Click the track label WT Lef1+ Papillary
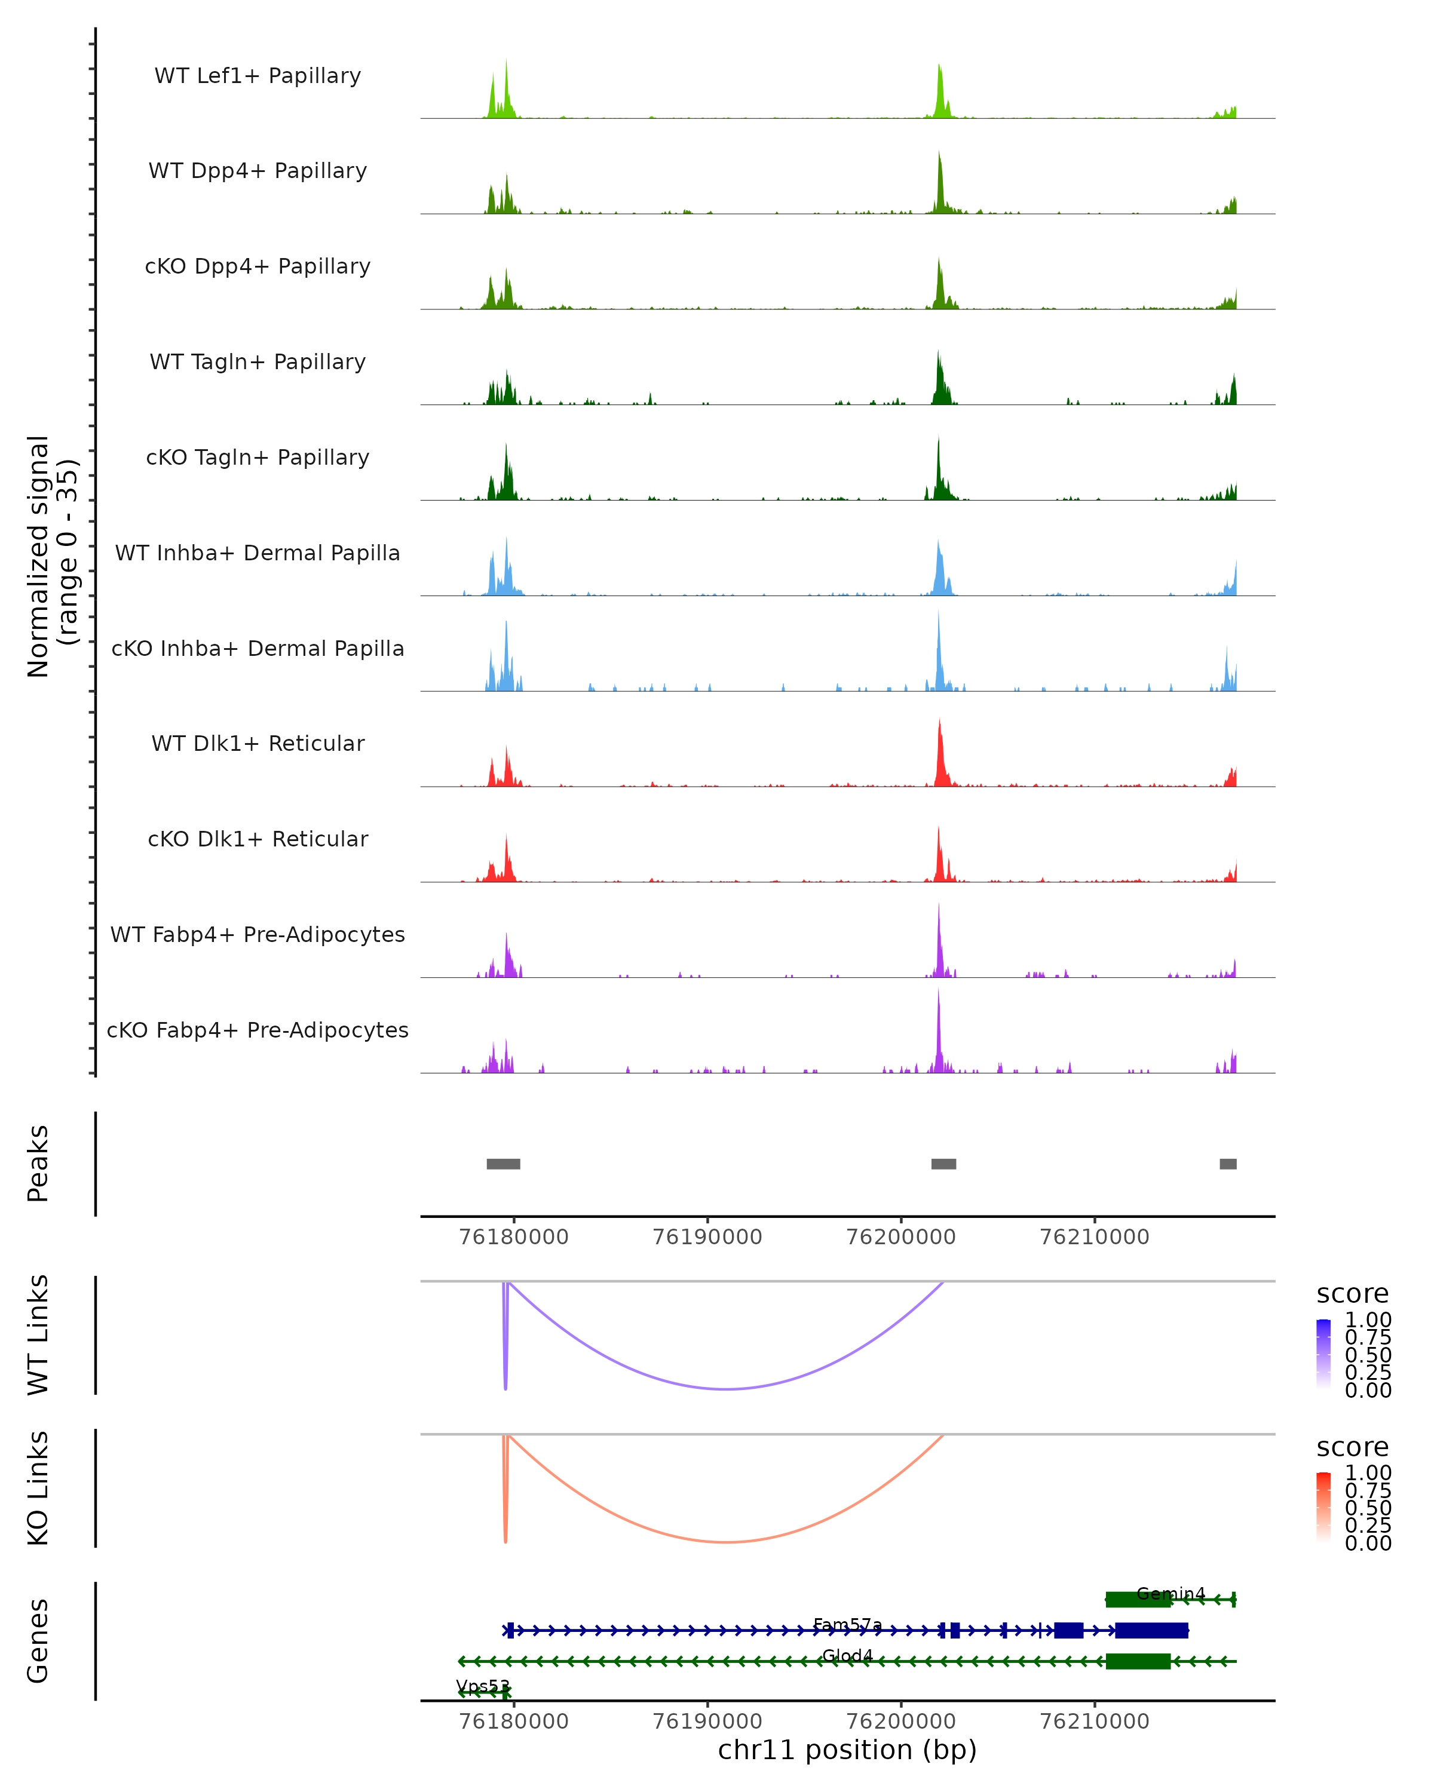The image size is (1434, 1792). click(x=258, y=76)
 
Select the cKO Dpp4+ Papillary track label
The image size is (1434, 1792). click(x=258, y=267)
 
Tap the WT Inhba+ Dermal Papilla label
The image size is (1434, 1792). click(x=258, y=554)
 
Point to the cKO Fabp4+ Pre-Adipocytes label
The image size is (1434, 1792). click(x=258, y=1030)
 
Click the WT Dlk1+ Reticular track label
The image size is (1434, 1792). click(x=258, y=744)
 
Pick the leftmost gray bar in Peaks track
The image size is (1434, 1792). click(x=503, y=1164)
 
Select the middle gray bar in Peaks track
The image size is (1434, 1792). click(x=943, y=1164)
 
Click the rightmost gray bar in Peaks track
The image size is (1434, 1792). click(x=1227, y=1164)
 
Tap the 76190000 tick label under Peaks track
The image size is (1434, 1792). click(x=707, y=1237)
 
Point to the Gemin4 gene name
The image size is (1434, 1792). click(x=1171, y=1593)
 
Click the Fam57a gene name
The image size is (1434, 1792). click(x=847, y=1624)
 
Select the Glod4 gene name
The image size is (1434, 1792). click(x=847, y=1655)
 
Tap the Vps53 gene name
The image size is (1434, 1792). click(x=482, y=1686)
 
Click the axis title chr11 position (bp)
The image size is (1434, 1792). click(x=847, y=1750)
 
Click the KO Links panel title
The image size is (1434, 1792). click(x=38, y=1488)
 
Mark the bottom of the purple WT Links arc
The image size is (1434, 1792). click(x=727, y=1388)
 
